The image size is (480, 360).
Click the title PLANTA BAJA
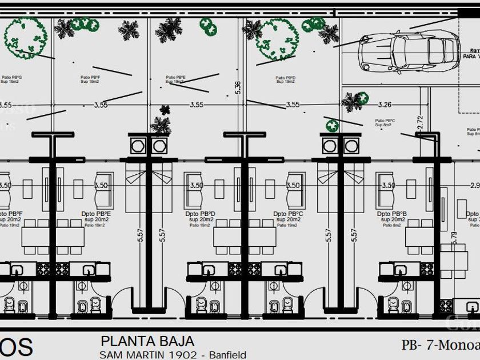[147, 342]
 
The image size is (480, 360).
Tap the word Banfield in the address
[227, 355]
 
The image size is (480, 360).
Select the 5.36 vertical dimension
[238, 87]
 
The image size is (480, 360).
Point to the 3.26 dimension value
[385, 105]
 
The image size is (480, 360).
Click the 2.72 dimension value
[419, 124]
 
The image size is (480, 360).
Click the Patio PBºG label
[11, 77]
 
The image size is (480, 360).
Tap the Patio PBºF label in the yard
[89, 77]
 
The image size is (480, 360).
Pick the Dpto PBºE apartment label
[97, 214]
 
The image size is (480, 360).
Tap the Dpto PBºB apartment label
[391, 214]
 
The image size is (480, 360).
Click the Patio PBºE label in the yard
[175, 77]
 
